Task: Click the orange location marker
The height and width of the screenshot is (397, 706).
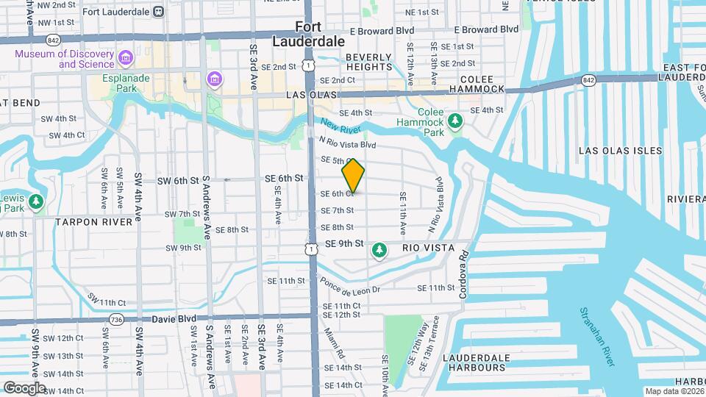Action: tap(353, 176)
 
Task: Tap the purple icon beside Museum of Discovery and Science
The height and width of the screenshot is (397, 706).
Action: tap(126, 57)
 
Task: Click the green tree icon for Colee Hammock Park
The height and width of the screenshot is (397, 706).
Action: tap(456, 119)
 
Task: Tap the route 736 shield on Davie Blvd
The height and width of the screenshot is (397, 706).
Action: tap(115, 319)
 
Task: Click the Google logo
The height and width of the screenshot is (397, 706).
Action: tap(24, 387)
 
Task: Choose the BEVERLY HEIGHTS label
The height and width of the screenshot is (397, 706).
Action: tap(369, 62)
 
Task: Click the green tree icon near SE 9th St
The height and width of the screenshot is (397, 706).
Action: tap(379, 251)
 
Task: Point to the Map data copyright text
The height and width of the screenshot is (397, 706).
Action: tap(674, 391)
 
